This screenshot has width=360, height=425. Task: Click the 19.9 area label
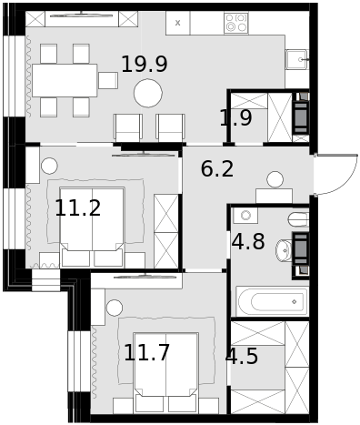pyautogui.click(x=145, y=65)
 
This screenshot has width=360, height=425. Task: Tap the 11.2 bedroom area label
pyautogui.click(x=78, y=208)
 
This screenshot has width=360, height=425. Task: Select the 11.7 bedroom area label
pyautogui.click(x=146, y=353)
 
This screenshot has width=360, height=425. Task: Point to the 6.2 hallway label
pyautogui.click(x=217, y=169)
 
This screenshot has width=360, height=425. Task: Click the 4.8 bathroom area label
pyautogui.click(x=248, y=242)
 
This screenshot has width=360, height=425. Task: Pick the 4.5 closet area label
pyautogui.click(x=242, y=356)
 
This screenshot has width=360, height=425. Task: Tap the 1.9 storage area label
pyautogui.click(x=235, y=117)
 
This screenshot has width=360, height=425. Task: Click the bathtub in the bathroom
pyautogui.click(x=272, y=301)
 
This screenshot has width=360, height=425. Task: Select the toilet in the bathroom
pyautogui.click(x=298, y=219)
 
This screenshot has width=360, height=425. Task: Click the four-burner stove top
pyautogui.click(x=236, y=23)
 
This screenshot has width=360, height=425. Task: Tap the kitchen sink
pyautogui.click(x=297, y=59)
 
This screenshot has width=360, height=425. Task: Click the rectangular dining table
pyautogui.click(x=65, y=80)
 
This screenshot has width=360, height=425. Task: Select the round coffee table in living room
pyautogui.click(x=148, y=93)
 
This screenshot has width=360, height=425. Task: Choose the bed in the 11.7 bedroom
pyautogui.click(x=166, y=372)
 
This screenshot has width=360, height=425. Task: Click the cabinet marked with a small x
pyautogui.click(x=178, y=23)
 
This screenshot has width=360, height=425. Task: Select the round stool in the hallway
pyautogui.click(x=275, y=179)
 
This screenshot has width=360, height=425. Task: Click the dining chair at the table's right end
pyautogui.click(x=108, y=80)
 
